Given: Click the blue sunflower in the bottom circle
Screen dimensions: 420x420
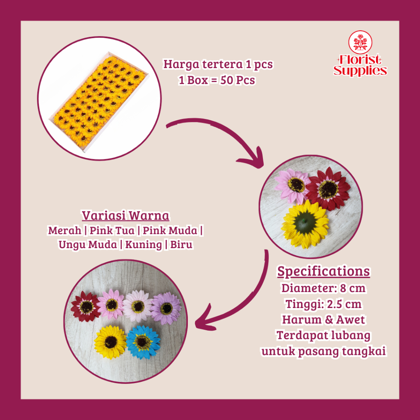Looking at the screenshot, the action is [x=143, y=342].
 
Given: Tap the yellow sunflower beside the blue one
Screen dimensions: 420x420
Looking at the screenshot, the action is [x=110, y=342].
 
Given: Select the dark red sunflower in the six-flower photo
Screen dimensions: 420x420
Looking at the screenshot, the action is [x=86, y=306].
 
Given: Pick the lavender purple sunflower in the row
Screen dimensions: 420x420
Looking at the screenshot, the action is [x=166, y=308].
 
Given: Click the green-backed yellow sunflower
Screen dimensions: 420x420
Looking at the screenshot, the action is [x=305, y=224].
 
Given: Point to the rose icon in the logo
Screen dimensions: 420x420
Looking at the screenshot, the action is [x=360, y=42].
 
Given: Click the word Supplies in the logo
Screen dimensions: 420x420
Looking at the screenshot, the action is [x=360, y=71].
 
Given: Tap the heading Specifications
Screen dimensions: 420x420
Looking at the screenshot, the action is [x=323, y=271].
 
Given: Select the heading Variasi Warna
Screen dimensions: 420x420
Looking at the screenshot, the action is [x=126, y=215].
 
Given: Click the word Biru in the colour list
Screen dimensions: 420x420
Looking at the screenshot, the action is [x=181, y=244].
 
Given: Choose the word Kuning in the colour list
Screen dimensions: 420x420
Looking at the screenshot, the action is [x=144, y=245].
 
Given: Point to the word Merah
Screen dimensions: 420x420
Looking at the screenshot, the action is [x=64, y=230].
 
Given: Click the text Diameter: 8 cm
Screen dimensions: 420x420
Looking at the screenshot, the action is [x=323, y=288].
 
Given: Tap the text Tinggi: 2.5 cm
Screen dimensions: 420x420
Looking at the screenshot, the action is [x=323, y=304].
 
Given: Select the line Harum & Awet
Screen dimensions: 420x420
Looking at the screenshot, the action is [x=323, y=320].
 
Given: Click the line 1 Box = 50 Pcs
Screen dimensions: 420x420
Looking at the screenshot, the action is [x=217, y=80].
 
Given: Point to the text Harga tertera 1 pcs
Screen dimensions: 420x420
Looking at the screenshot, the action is [x=218, y=64].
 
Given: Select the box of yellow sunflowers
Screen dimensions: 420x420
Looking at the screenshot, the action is [x=99, y=102].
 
